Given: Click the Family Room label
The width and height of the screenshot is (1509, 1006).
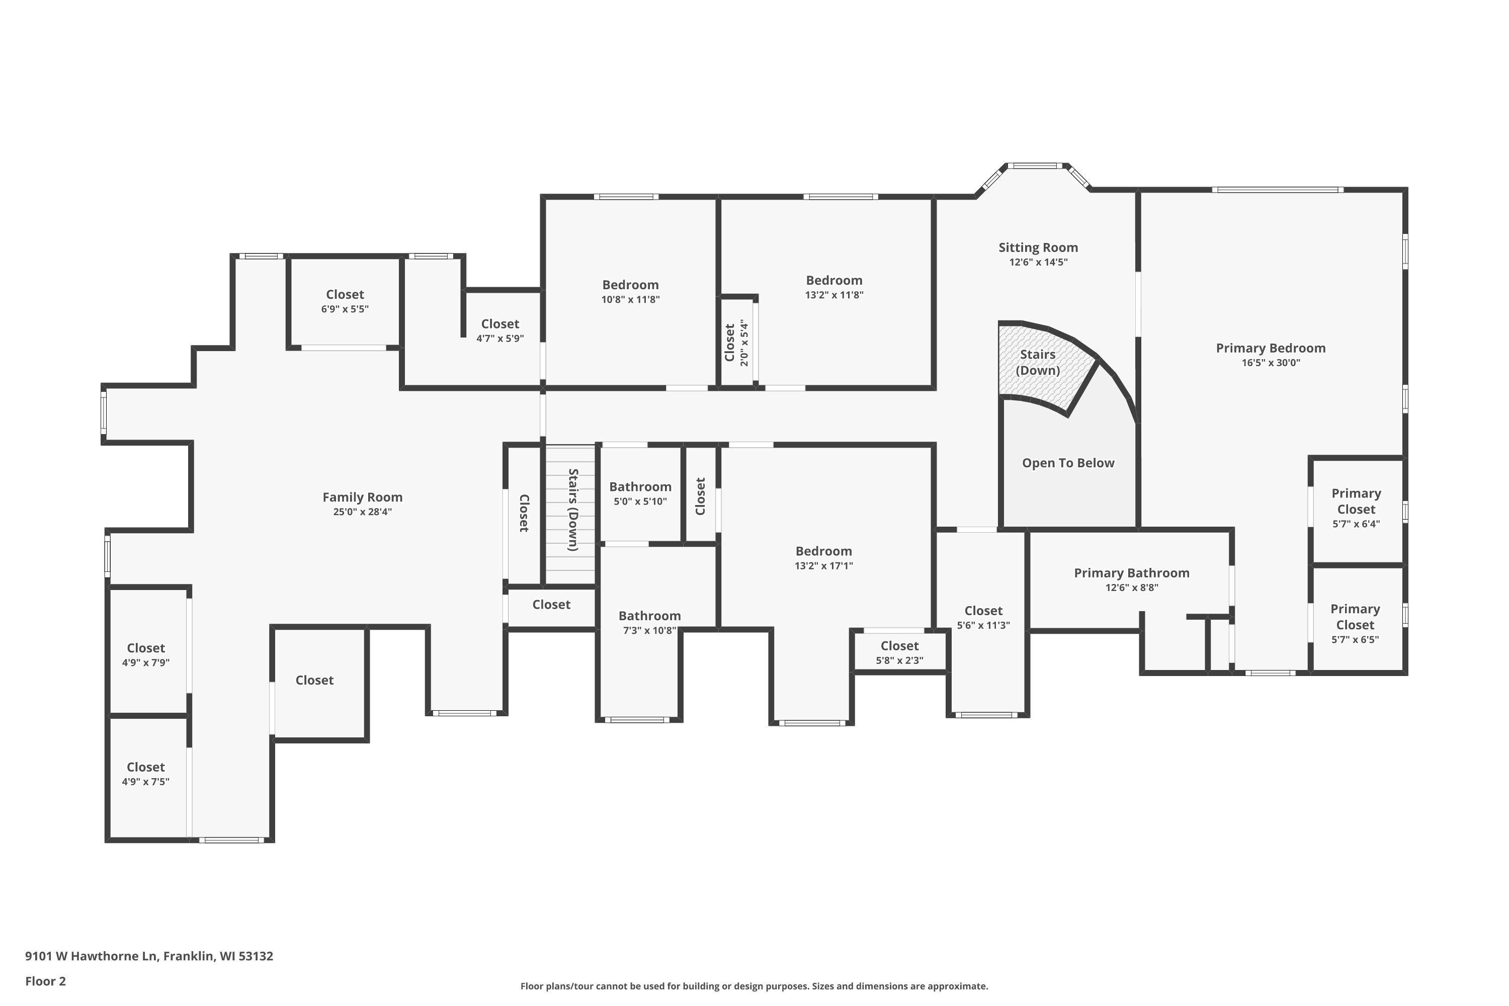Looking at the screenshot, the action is (363, 497).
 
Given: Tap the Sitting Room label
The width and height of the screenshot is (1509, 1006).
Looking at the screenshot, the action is (1038, 247).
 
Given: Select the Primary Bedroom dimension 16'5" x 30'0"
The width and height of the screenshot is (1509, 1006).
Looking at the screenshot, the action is (1271, 363).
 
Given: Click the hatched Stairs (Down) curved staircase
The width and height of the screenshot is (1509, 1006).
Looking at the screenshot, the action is (1046, 366).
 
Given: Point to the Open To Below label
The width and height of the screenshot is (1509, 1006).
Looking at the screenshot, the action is (1068, 463).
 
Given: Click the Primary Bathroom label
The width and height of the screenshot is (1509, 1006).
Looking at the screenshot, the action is (1132, 573).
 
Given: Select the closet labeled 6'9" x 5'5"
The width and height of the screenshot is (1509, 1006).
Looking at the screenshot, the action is (345, 301).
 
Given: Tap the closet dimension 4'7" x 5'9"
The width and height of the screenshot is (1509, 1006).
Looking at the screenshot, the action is (500, 339).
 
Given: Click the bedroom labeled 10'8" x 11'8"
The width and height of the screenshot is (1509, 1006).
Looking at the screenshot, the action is (630, 292).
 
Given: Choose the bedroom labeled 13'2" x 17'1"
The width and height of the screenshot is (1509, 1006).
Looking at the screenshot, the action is (824, 558).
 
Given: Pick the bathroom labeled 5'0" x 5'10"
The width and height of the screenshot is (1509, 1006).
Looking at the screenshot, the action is (640, 494).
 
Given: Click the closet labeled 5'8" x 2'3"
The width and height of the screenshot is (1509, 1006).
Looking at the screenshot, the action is (899, 652).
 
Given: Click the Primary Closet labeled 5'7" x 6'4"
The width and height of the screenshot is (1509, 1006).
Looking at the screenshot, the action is (1356, 509).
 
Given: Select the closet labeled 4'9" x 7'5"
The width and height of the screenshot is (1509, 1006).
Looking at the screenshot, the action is (146, 774).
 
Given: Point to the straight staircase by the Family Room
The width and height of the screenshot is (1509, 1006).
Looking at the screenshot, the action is (570, 515).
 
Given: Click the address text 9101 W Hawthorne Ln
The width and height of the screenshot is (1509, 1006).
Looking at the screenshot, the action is (91, 956).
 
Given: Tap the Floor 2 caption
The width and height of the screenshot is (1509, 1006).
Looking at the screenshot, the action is (46, 981).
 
